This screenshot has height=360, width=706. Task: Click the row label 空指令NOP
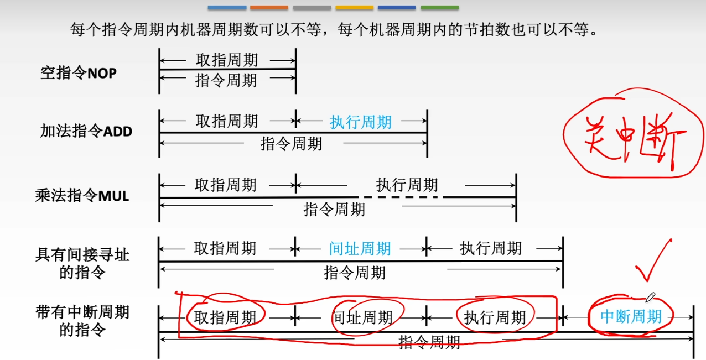point(79,72)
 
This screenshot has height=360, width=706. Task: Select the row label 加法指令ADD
point(86,131)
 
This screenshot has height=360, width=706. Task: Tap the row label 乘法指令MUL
point(82,195)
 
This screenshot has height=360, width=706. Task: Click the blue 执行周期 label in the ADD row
point(361,122)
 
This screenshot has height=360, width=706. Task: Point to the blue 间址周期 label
point(360,249)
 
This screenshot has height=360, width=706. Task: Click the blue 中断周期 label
point(631,317)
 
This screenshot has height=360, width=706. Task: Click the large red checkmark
point(653,263)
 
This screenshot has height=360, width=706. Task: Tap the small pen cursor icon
point(650,298)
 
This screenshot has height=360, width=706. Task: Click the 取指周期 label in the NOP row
point(227,60)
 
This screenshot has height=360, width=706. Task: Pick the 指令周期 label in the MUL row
point(335,209)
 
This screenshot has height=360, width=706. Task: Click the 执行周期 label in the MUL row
point(407,185)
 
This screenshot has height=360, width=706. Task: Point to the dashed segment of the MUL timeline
point(401,197)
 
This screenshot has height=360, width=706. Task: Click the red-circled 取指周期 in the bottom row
point(226,317)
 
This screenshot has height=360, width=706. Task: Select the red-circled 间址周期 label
point(362,317)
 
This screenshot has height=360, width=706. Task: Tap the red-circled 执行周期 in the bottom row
point(495,317)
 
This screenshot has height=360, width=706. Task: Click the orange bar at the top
point(269,8)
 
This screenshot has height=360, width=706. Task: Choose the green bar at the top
point(439,8)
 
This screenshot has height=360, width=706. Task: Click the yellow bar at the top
point(354,8)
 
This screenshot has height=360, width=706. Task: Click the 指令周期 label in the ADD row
point(291,144)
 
